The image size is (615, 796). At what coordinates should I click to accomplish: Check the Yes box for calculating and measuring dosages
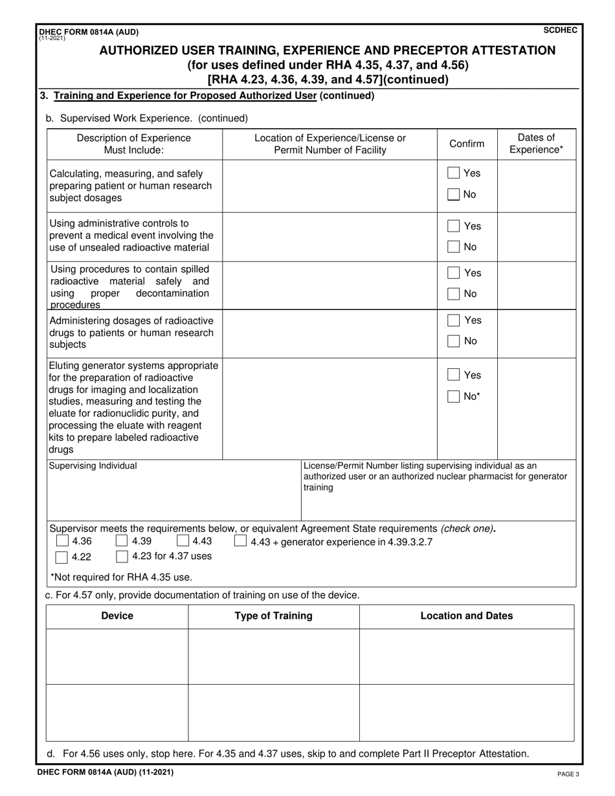[x=454, y=173]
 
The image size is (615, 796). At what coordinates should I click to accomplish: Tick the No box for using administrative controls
[x=454, y=247]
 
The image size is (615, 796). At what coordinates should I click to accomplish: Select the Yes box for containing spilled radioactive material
[x=454, y=273]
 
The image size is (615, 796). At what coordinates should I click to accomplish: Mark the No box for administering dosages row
[x=454, y=341]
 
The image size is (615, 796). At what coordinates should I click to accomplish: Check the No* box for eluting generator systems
[x=454, y=397]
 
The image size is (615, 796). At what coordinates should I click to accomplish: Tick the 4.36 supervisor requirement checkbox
[x=62, y=541]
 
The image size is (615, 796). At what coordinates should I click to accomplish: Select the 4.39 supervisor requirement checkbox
[x=122, y=541]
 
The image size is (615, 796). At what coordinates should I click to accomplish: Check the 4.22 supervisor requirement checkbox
[x=62, y=557]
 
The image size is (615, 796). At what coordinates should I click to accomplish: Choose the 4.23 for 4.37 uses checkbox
[x=122, y=557]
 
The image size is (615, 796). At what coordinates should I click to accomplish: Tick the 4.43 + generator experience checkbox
[x=240, y=541]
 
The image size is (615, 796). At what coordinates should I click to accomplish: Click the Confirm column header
[x=467, y=144]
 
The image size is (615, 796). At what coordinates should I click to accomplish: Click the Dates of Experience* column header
[x=536, y=144]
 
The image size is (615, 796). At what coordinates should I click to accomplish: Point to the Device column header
[x=117, y=616]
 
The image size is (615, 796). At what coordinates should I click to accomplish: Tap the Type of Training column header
[x=273, y=616]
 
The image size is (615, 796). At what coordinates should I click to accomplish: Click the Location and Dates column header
[x=466, y=616]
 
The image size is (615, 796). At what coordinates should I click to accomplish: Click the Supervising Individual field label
[x=93, y=465]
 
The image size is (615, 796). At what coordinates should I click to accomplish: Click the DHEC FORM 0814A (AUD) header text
[x=89, y=32]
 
